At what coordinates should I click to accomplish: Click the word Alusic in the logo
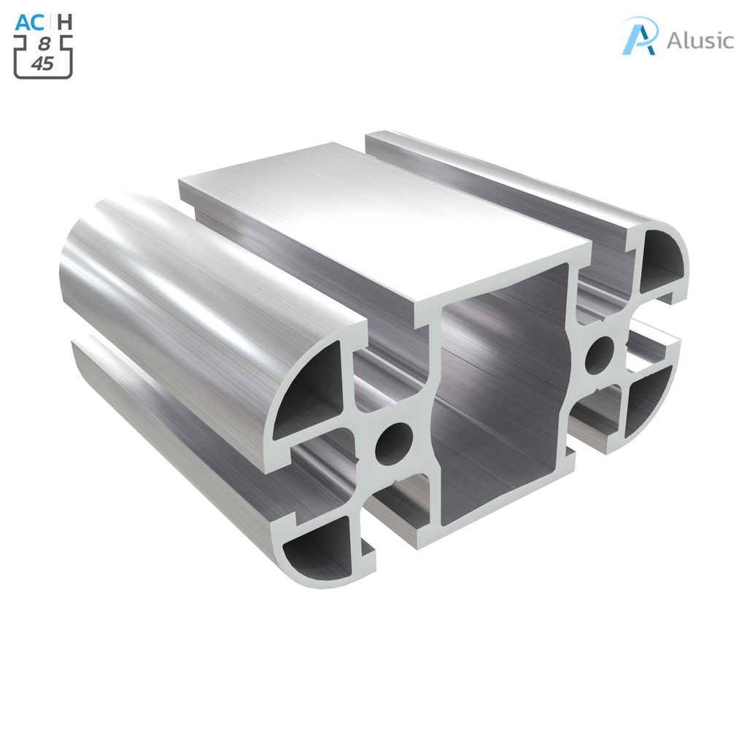click(700, 41)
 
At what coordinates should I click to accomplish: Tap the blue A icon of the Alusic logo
click(639, 37)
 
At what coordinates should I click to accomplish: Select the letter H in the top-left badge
click(65, 22)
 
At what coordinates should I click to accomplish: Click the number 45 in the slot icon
click(42, 63)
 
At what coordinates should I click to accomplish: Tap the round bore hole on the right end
click(600, 355)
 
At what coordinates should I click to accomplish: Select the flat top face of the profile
click(379, 219)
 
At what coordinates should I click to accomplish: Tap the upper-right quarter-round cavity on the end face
click(660, 263)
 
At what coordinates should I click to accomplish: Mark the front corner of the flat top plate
click(419, 315)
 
